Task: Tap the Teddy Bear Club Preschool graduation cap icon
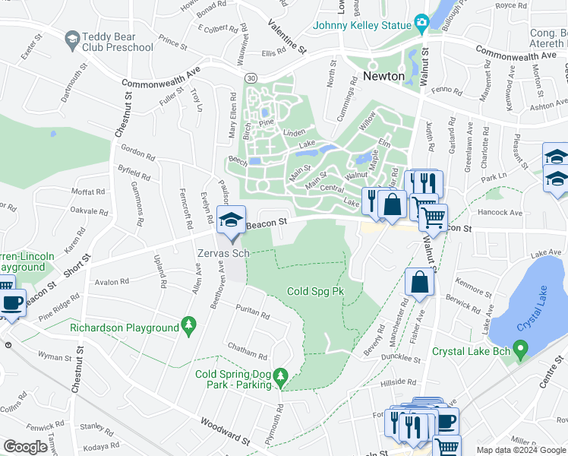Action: tap(72, 39)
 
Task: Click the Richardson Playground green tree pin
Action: tap(188, 328)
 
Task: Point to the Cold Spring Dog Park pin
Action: tap(281, 376)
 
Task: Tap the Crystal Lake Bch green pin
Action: tap(520, 351)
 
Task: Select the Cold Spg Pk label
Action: tap(318, 291)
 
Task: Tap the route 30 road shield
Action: tap(250, 78)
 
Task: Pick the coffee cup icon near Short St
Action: tap(11, 302)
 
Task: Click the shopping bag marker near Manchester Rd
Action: tap(419, 282)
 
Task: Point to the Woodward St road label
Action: tap(226, 430)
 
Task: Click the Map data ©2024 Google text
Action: tap(520, 450)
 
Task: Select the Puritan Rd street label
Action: tap(253, 310)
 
